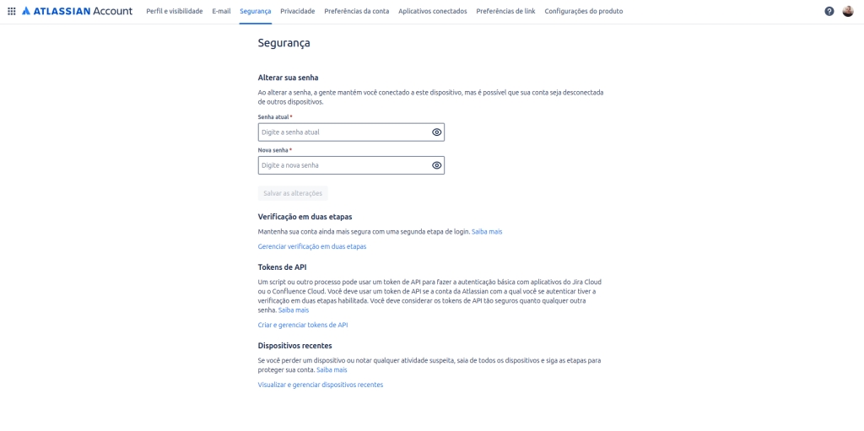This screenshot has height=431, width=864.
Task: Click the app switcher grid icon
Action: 12,11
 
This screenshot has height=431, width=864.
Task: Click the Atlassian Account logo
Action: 77,11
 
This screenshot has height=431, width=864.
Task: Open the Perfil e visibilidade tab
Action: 174,11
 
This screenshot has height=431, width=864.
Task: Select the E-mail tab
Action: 221,11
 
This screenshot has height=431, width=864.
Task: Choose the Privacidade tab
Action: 298,11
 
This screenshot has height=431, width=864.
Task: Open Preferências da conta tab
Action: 356,11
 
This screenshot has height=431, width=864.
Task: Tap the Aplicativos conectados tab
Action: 432,11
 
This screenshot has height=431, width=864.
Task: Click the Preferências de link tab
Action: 505,11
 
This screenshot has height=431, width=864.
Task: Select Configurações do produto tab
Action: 584,11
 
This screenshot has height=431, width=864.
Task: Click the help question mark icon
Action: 829,11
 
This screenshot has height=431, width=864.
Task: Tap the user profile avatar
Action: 848,11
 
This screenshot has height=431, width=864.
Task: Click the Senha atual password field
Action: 343,132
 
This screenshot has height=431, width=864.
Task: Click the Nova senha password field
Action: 343,165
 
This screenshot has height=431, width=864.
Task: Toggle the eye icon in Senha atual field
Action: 437,132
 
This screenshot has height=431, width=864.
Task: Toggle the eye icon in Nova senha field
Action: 437,165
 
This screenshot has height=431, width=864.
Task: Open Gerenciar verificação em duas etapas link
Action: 312,246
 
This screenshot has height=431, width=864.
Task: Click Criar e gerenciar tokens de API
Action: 303,325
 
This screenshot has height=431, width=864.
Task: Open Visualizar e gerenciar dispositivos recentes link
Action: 321,385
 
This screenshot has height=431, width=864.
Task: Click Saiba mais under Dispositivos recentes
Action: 332,369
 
